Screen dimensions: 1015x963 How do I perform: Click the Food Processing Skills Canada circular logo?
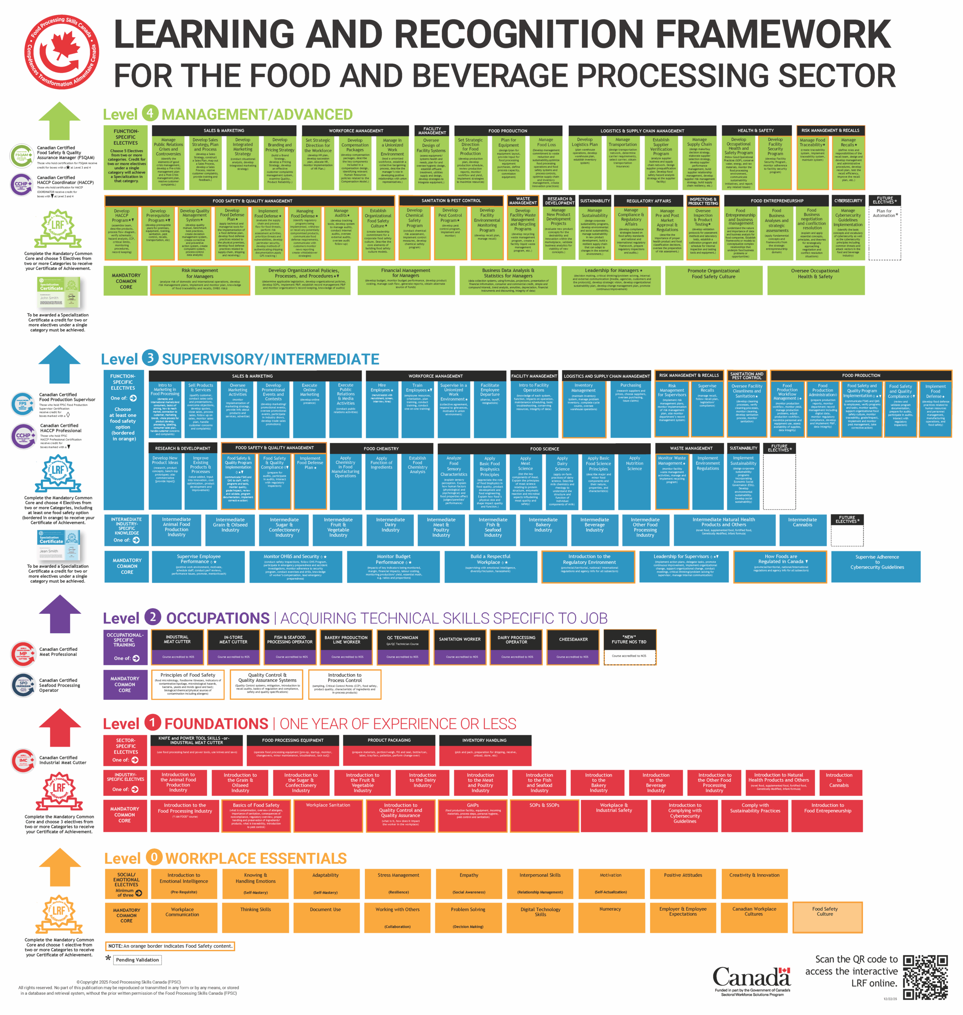[x=62, y=52]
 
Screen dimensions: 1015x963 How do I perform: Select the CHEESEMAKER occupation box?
[x=573, y=647]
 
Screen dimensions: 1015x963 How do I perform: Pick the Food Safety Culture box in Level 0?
[x=827, y=917]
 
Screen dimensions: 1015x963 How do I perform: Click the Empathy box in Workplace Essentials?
[x=469, y=883]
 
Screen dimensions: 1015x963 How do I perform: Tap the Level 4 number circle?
[x=150, y=113]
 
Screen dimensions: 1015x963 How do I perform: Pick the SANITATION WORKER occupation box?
[x=460, y=647]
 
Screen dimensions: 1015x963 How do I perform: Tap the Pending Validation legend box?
[x=137, y=959]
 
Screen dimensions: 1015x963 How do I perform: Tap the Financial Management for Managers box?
[x=406, y=280]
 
